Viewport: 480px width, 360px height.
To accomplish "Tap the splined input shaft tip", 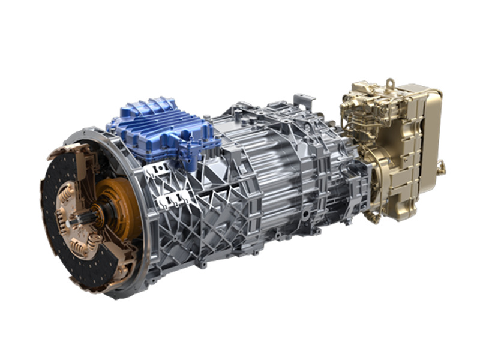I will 73,223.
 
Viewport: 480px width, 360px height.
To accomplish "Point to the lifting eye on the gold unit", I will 390,82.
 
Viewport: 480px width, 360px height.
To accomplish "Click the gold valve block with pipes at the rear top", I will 366,111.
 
